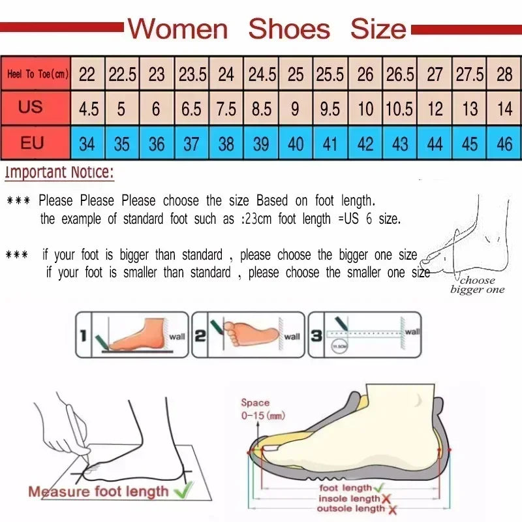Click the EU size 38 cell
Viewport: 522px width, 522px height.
226,144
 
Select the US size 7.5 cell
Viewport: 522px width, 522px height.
226,108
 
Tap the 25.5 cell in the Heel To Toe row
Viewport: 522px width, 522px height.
330,74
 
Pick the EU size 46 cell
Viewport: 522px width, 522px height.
504,144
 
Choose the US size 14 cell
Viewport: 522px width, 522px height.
504,108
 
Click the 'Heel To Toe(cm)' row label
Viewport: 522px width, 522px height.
37,74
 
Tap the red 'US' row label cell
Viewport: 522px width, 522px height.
30,107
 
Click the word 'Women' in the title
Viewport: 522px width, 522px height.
177,29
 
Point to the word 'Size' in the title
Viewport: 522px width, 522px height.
378,29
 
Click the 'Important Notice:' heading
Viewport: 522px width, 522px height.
59,174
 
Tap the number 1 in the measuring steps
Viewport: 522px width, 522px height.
84,335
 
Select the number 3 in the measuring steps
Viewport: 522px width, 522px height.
316,335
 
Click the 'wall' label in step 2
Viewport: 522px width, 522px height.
292,337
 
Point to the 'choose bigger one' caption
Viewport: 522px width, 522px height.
477,286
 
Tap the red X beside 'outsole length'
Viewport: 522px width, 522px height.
391,509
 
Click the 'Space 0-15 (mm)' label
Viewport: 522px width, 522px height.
262,409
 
